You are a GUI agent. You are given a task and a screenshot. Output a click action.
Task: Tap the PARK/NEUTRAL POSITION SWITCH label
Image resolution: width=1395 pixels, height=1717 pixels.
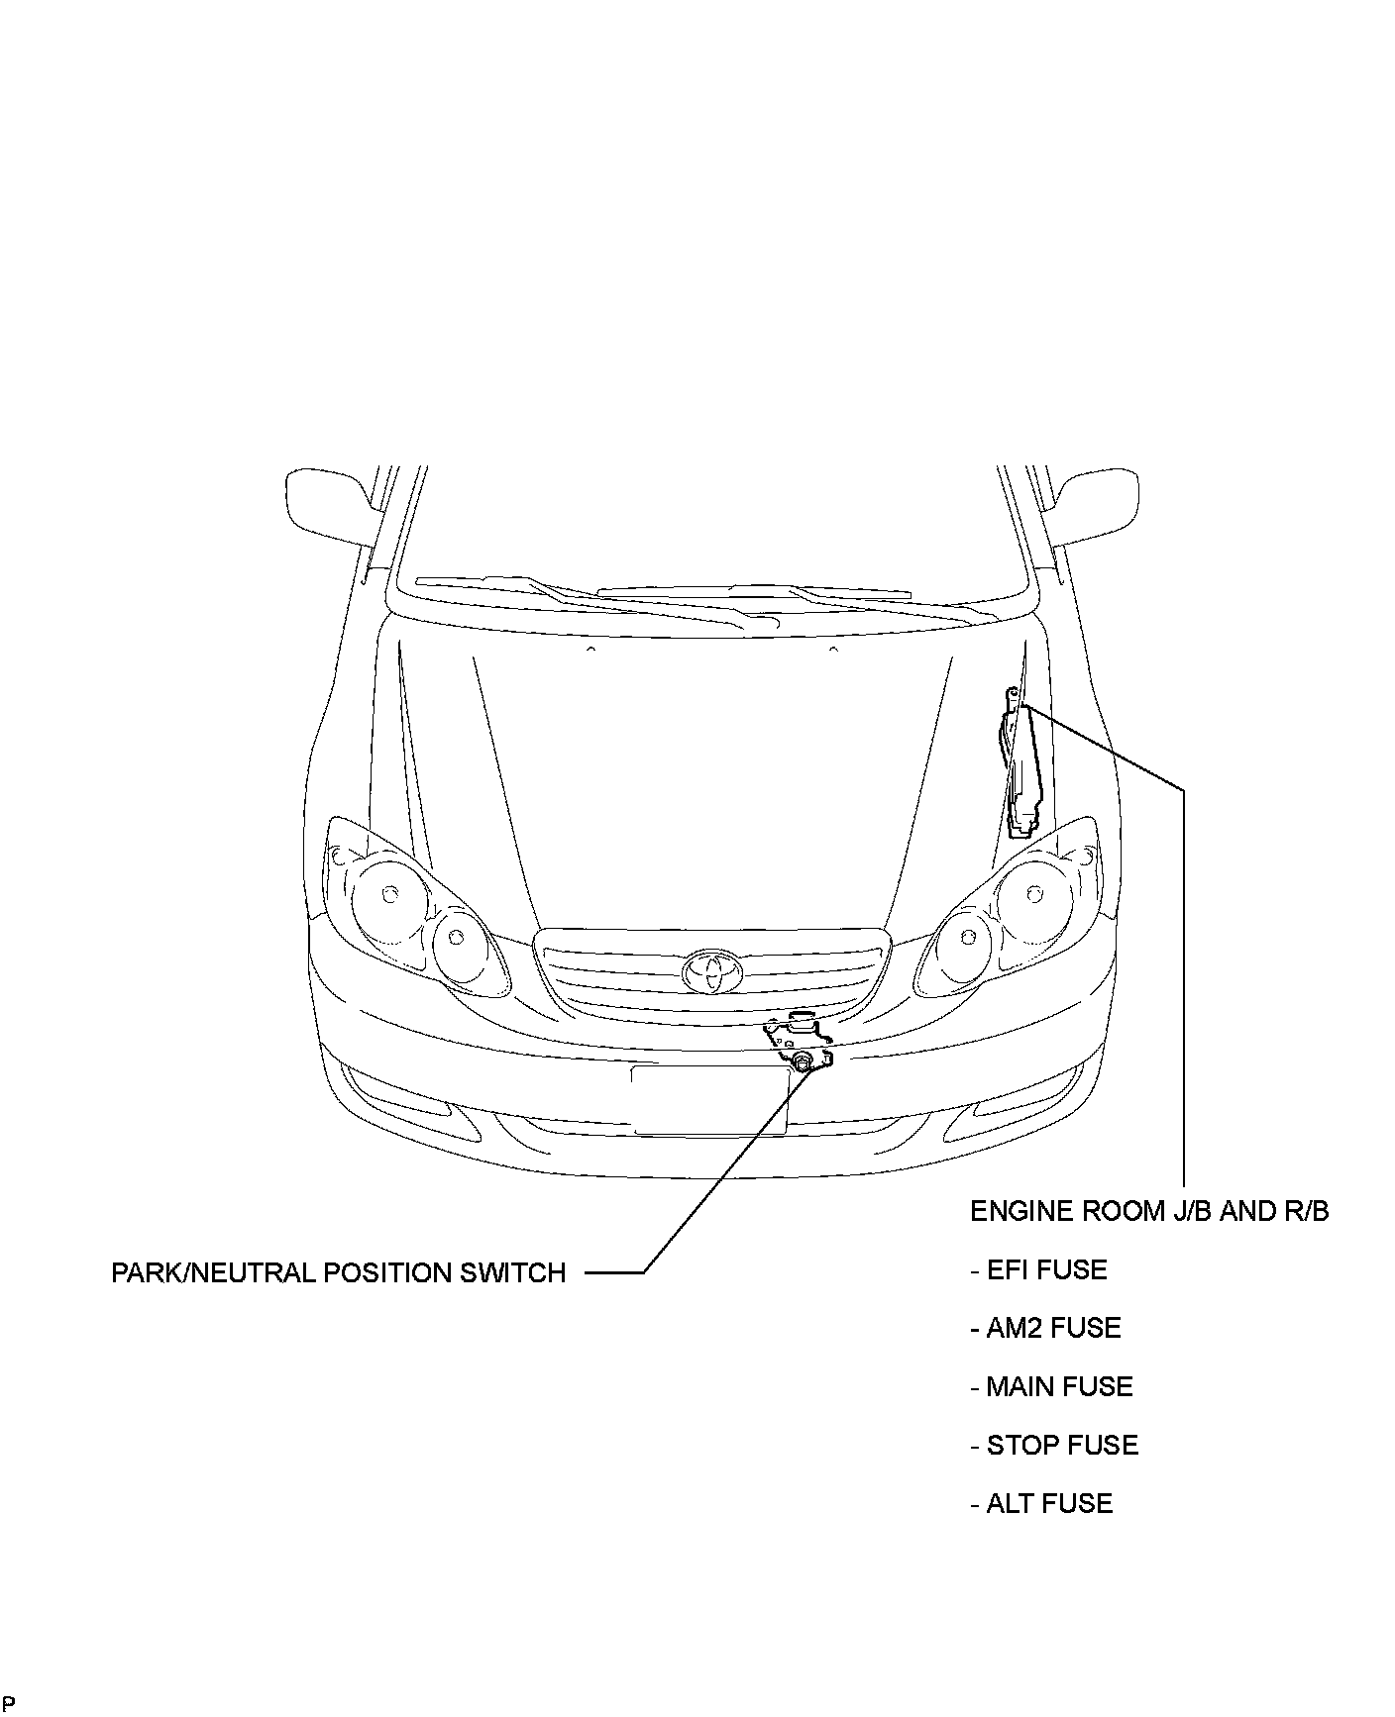click(338, 1272)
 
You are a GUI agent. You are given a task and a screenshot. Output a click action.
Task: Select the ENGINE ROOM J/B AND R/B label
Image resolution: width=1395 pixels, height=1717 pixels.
click(1149, 1211)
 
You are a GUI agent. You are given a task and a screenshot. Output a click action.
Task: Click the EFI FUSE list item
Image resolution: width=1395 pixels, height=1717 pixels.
click(1038, 1269)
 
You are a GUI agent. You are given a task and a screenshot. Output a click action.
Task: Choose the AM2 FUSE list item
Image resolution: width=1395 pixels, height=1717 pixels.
click(1045, 1328)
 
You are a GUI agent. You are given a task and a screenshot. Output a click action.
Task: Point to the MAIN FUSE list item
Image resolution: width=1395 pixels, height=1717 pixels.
click(1051, 1386)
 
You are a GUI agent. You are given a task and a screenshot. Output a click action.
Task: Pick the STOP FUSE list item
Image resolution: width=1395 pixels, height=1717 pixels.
click(1054, 1445)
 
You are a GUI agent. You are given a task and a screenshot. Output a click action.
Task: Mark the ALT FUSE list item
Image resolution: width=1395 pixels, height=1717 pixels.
click(1041, 1503)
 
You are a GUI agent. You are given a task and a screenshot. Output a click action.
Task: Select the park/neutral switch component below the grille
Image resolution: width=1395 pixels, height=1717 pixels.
click(801, 1061)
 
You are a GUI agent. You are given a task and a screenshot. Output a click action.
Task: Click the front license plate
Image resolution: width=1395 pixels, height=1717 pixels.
click(709, 1099)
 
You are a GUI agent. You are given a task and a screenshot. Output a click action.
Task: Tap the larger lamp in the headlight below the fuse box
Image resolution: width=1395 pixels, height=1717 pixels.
click(1033, 894)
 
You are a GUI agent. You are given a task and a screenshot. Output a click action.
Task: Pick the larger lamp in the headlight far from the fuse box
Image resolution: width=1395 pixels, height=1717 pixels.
click(387, 894)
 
